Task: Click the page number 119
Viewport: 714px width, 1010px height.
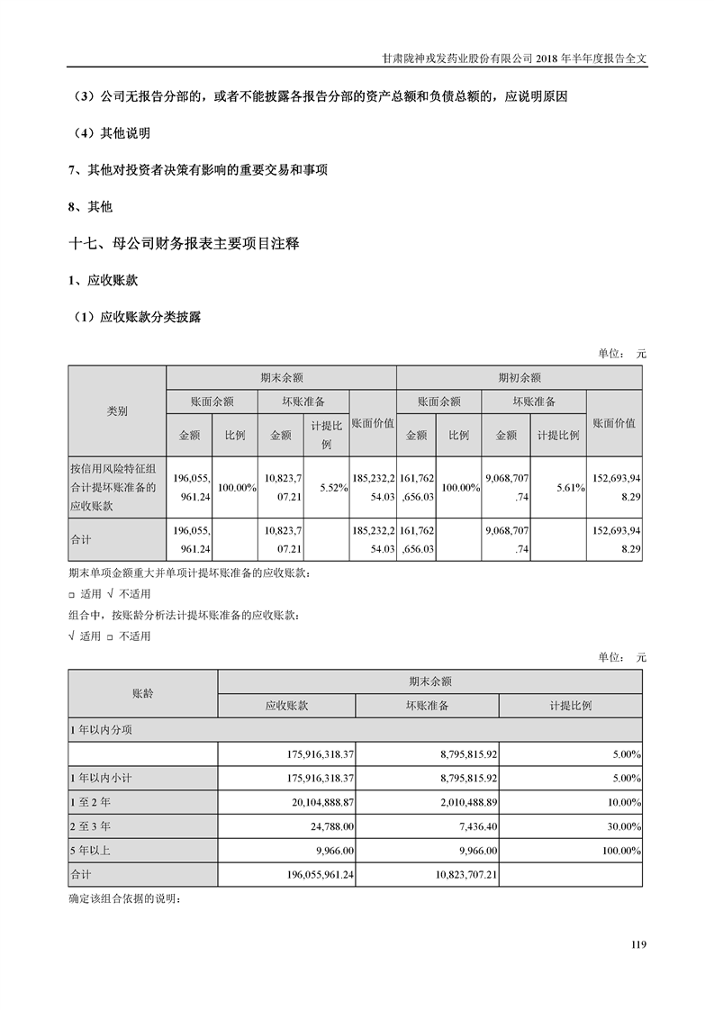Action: pos(638,944)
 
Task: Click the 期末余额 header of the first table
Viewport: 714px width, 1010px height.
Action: pos(281,377)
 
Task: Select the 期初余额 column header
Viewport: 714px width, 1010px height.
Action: pos(520,377)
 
